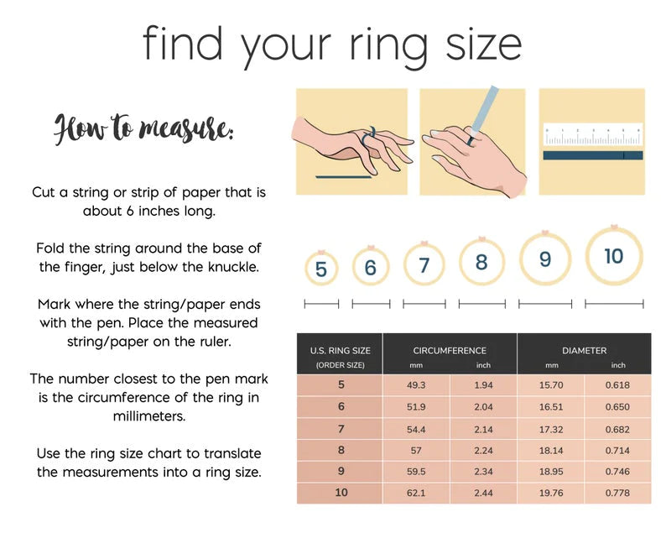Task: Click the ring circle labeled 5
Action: tap(306, 269)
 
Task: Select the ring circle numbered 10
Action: tap(587, 257)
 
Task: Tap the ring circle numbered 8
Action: tap(461, 262)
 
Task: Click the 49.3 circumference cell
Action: tap(416, 385)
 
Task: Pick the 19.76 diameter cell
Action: tap(551, 493)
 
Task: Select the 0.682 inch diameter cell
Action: tap(617, 429)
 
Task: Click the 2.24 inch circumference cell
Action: tap(483, 451)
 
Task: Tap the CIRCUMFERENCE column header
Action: tap(450, 351)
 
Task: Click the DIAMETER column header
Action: tap(584, 351)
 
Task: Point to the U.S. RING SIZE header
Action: tap(340, 351)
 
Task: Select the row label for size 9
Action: tap(341, 471)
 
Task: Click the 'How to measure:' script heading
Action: tap(143, 128)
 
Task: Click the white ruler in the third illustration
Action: tap(593, 135)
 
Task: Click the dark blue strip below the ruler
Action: tap(593, 155)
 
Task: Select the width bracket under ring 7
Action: tap(424, 304)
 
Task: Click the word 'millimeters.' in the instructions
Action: tap(149, 415)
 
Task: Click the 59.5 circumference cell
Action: tap(416, 472)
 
